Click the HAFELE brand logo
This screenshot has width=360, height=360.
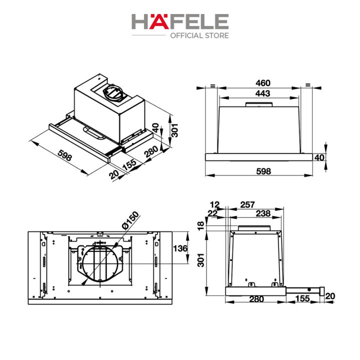pyautogui.click(x=180, y=21)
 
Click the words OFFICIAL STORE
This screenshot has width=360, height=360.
pyautogui.click(x=199, y=35)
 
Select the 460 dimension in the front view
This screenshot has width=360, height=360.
pyautogui.click(x=263, y=83)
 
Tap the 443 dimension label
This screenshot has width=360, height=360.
pyautogui.click(x=263, y=93)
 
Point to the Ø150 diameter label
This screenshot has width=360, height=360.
pyautogui.click(x=130, y=220)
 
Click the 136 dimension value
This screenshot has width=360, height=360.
pyautogui.click(x=180, y=248)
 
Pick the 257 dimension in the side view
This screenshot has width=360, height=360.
pyautogui.click(x=247, y=204)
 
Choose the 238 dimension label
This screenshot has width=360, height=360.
pyautogui.click(x=263, y=213)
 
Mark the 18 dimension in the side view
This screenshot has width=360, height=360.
pyautogui.click(x=200, y=225)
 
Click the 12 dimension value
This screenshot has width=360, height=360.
pyautogui.click(x=214, y=204)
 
